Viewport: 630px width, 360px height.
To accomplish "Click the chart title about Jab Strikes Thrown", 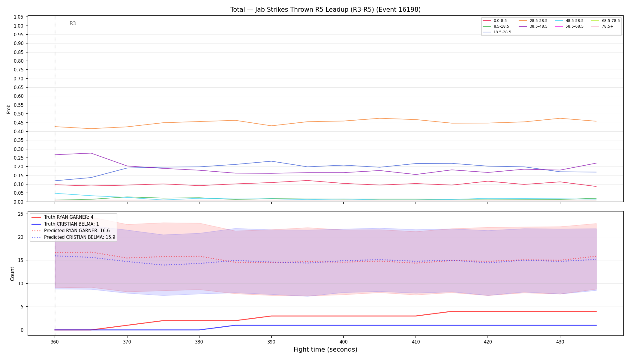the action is coord(325,10).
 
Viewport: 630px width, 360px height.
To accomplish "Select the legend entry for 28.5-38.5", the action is coord(533,21).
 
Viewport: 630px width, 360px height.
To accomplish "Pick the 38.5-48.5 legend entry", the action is coord(533,26).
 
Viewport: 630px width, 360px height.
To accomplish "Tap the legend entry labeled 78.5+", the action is coord(602,26).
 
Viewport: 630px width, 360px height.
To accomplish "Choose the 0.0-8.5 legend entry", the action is coord(495,21).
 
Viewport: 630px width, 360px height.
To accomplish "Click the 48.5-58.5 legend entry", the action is coord(569,21).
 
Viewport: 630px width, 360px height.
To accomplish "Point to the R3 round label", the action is coord(73,23).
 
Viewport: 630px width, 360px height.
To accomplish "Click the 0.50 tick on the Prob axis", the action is coord(19,114).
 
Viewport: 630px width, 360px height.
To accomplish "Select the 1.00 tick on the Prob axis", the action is coord(19,26).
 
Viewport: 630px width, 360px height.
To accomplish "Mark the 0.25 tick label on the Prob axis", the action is coord(19,158).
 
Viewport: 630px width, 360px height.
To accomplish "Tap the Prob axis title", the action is coord(8,109).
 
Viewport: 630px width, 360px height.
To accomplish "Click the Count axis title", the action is coord(12,274).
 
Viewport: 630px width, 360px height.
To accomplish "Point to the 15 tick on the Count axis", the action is coord(21,260).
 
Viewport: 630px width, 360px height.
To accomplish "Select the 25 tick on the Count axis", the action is coord(21,214).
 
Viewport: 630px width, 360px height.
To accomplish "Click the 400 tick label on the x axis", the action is coord(343,342).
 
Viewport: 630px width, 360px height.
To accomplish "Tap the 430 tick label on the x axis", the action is coord(560,342).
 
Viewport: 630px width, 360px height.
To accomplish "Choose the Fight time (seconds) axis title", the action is coord(325,349).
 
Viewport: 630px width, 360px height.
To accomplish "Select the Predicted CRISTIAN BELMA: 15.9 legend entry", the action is coord(73,237).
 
